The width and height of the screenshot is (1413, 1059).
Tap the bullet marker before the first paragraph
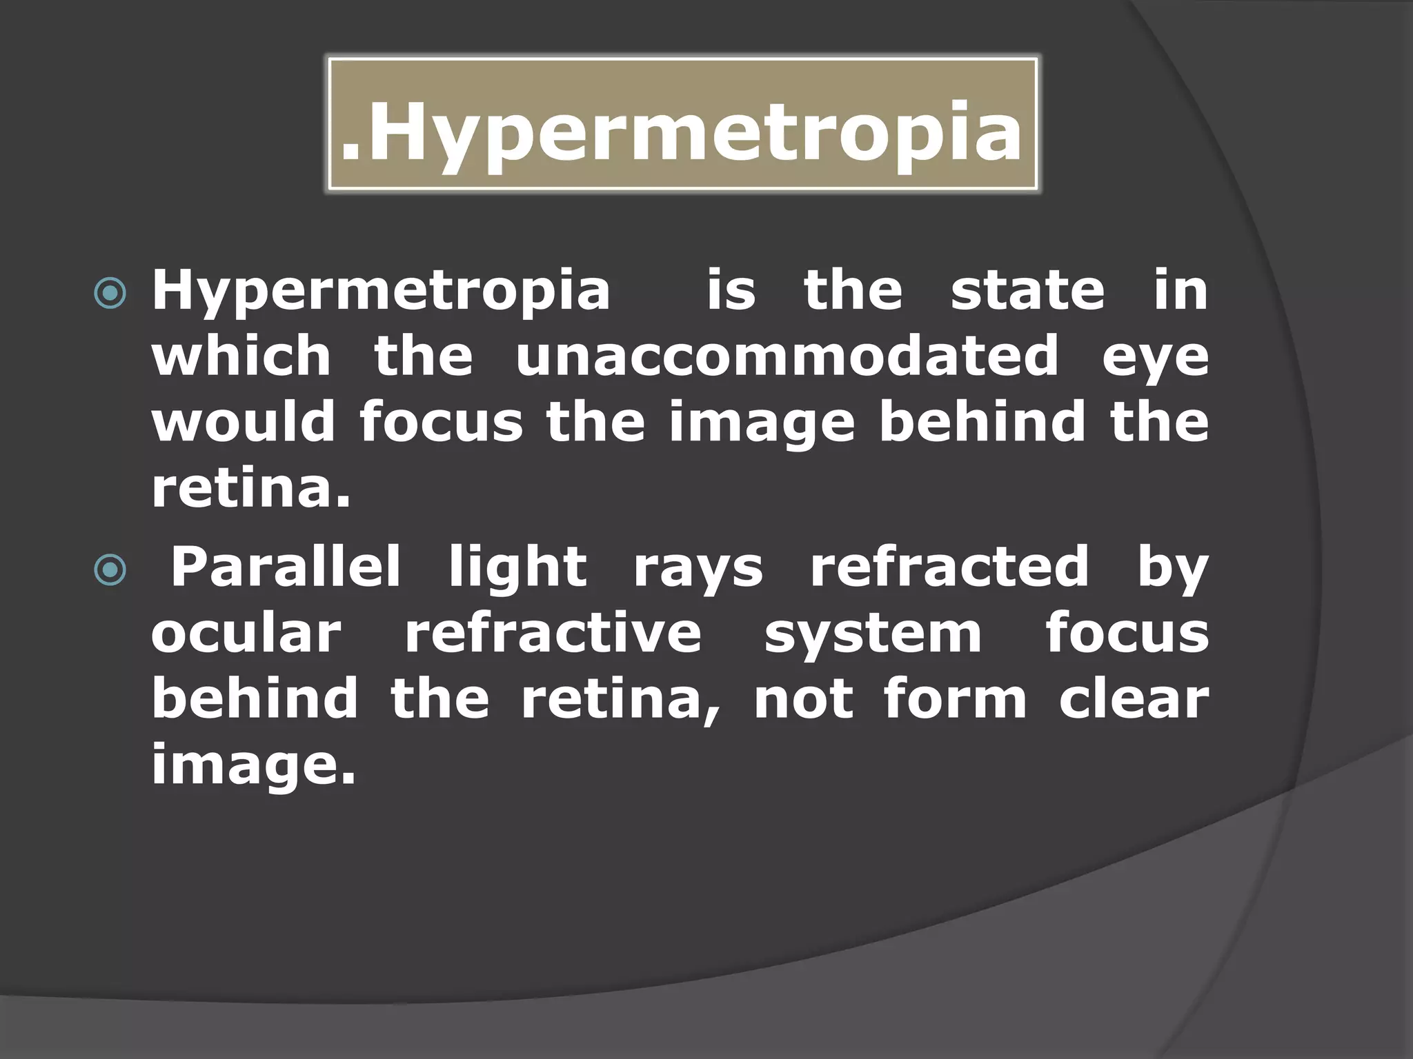pyautogui.click(x=110, y=293)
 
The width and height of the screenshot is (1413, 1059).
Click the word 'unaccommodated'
pyautogui.click(x=787, y=356)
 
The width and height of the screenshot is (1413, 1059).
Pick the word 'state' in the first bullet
pyautogui.click(x=1027, y=290)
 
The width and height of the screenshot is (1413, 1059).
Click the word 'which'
pyautogui.click(x=241, y=356)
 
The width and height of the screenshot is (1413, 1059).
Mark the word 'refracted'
pyautogui.click(x=949, y=567)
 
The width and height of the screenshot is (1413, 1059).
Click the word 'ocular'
pyautogui.click(x=246, y=633)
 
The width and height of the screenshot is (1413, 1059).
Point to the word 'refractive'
pyautogui.click(x=553, y=633)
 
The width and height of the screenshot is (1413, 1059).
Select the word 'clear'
pyautogui.click(x=1134, y=699)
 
